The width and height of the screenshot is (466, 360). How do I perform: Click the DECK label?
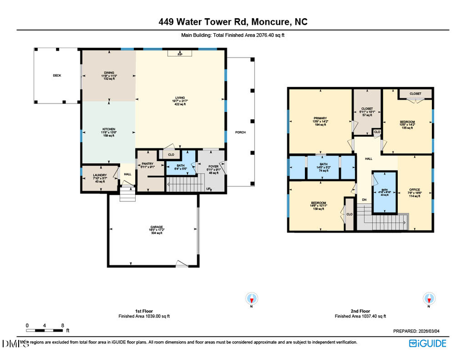point(57,76)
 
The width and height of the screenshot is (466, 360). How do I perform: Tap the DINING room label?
point(109,73)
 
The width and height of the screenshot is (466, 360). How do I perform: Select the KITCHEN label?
point(108,129)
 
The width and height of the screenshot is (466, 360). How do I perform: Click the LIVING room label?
point(180,97)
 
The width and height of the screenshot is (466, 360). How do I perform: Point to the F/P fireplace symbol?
point(180,54)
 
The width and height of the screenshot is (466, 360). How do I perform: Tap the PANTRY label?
point(147,164)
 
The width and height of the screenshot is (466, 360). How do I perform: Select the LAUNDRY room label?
point(100,175)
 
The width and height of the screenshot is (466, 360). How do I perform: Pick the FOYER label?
point(213,166)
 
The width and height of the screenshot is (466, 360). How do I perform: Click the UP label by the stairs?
point(208,189)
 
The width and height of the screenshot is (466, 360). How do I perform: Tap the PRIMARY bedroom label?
point(320,118)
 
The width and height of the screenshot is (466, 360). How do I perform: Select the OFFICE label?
point(414,189)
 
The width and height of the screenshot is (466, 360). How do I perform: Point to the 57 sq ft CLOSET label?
point(367,109)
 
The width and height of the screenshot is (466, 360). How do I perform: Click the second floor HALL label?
point(369,159)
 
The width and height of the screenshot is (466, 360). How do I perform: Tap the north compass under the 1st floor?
point(252,299)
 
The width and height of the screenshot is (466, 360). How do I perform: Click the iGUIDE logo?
point(428,343)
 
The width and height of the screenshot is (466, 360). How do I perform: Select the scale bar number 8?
point(62,325)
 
